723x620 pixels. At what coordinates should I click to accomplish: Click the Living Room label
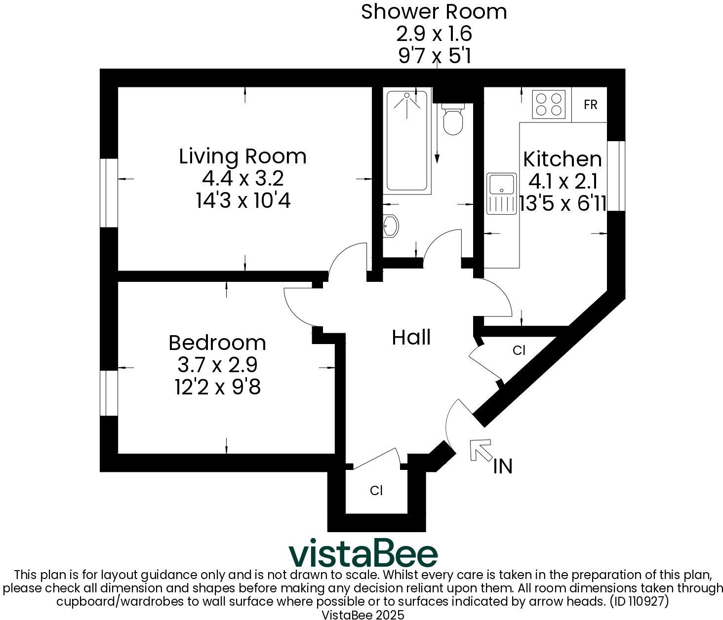click(x=242, y=156)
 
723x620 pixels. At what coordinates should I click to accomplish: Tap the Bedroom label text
click(x=217, y=343)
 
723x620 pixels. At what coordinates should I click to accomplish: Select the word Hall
click(x=411, y=338)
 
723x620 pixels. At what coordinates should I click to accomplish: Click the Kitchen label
click(x=562, y=159)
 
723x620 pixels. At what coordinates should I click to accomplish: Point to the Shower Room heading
click(x=434, y=12)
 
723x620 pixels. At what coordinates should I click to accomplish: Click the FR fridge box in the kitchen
click(x=590, y=105)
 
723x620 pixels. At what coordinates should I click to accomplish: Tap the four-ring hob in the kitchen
click(x=549, y=105)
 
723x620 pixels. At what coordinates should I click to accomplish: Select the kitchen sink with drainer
click(x=501, y=193)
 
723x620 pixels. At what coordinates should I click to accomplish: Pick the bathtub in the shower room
click(x=406, y=141)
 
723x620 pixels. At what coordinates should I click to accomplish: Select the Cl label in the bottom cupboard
click(x=376, y=491)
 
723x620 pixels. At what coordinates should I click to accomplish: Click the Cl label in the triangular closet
click(x=519, y=350)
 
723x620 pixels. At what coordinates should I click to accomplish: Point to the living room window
click(x=109, y=193)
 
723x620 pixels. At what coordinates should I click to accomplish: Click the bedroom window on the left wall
click(x=109, y=393)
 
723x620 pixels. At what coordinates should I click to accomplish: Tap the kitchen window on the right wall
click(x=616, y=176)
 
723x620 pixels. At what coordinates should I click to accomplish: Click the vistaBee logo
click(x=363, y=554)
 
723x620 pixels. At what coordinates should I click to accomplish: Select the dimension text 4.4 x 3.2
click(x=242, y=179)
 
